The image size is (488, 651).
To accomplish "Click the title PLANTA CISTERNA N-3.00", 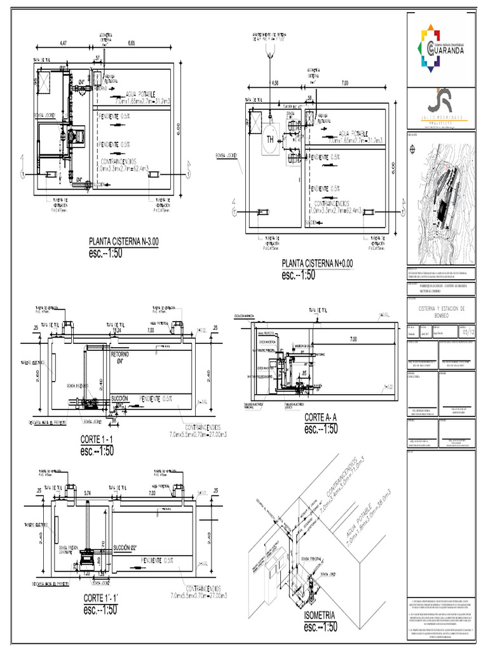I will (125, 242).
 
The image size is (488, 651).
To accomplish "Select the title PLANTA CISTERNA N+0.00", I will (317, 263).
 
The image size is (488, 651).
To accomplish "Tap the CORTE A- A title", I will (323, 417).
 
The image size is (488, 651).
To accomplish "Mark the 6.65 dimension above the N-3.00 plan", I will (132, 43).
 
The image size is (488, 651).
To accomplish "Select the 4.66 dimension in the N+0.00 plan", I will (274, 83).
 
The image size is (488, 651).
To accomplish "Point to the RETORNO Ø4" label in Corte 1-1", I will (120, 357).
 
